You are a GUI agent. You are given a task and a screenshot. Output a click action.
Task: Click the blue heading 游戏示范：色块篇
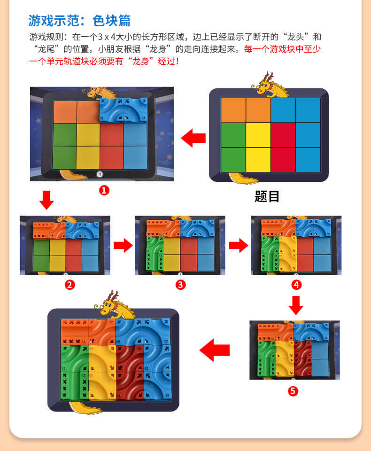(x=79, y=21)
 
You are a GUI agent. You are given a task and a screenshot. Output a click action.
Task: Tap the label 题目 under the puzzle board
(x=267, y=196)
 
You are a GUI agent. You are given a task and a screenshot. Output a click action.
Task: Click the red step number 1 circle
(x=104, y=190)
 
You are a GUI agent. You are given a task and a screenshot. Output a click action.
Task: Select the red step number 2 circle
(x=70, y=285)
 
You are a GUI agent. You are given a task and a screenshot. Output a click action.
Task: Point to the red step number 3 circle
(x=181, y=285)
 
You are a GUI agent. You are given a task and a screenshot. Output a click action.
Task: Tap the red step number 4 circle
(x=296, y=285)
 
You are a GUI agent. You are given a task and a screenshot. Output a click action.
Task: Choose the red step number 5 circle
(x=293, y=391)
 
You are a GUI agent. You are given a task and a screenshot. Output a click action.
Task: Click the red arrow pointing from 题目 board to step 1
(x=193, y=138)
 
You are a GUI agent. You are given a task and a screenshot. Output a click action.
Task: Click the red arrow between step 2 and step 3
(x=123, y=245)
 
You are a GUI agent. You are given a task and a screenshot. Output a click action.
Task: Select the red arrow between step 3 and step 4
(x=239, y=245)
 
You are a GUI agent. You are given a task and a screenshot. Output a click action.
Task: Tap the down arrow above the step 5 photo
(x=296, y=305)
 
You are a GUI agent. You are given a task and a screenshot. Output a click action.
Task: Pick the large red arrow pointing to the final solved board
(x=215, y=350)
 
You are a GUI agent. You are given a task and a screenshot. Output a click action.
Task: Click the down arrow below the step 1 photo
(x=46, y=200)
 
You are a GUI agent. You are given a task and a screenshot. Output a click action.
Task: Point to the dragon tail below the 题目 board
(x=243, y=179)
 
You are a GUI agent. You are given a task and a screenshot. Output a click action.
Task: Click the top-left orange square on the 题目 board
(x=233, y=110)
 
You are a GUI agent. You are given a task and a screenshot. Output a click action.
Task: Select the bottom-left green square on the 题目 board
(x=233, y=160)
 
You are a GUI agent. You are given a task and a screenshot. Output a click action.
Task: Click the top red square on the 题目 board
(x=283, y=135)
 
